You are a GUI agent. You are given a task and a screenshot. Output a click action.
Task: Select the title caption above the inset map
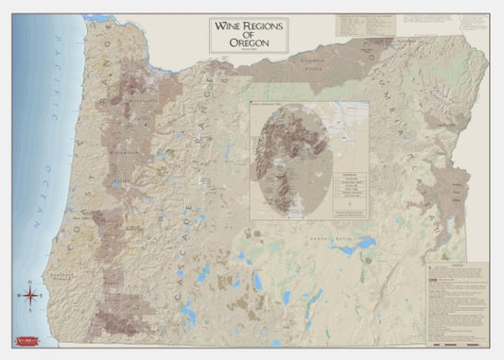tap(274, 100)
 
